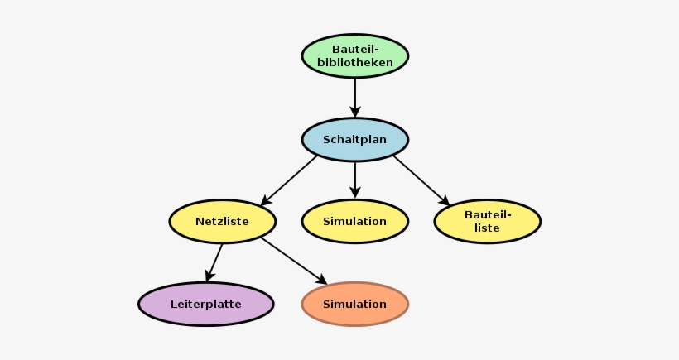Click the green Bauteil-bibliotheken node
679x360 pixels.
point(354,55)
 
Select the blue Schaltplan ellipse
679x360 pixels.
point(354,139)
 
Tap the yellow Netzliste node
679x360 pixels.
point(222,221)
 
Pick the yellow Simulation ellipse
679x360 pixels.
point(354,221)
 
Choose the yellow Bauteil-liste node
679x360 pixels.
point(487,221)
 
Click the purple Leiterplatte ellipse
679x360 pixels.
point(205,304)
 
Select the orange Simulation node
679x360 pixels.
point(354,304)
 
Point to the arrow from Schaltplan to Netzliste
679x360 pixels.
point(290,180)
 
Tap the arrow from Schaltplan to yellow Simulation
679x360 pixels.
point(354,179)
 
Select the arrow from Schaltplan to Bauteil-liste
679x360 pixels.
point(421,180)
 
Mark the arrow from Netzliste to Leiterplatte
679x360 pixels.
point(214,262)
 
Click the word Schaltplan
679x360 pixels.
point(354,139)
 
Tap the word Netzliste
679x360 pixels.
point(222,221)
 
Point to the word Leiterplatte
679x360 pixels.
point(205,304)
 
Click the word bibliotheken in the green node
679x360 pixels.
point(354,62)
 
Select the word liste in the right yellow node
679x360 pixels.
point(487,228)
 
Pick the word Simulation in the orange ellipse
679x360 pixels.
point(354,304)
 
